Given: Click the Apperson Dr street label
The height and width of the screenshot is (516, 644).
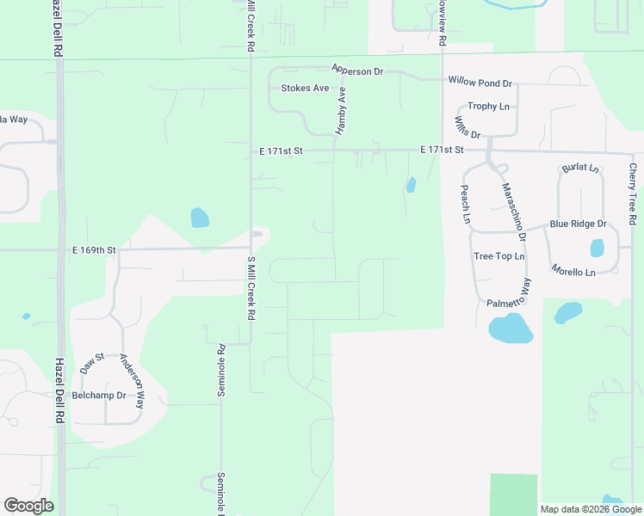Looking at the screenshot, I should [x=357, y=71].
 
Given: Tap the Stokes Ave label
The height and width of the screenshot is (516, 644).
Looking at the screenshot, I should [x=305, y=88].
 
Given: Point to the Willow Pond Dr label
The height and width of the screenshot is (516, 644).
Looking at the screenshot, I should [x=480, y=83].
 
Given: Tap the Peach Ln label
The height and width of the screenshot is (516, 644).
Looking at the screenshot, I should [x=465, y=204].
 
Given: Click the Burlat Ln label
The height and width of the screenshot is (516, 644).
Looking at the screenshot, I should [x=579, y=169].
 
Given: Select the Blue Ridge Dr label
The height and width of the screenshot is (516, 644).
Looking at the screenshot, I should [x=578, y=224].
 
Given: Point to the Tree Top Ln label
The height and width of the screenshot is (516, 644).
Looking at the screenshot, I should [x=498, y=256].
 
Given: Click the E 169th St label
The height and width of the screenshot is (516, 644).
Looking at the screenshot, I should [x=92, y=249].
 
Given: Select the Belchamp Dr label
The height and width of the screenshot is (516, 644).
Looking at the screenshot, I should [x=98, y=396].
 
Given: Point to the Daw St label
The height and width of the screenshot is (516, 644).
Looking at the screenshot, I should [x=91, y=362].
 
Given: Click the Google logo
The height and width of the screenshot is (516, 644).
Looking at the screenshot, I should [x=28, y=506].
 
